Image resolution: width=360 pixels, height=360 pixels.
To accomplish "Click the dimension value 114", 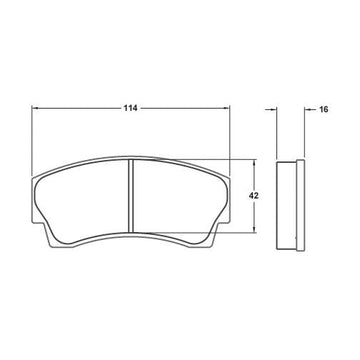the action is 130,108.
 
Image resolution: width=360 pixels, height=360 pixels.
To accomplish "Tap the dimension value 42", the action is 254,196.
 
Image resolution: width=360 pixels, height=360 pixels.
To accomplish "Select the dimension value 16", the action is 324,109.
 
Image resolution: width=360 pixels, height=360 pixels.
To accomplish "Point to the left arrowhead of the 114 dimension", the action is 34,108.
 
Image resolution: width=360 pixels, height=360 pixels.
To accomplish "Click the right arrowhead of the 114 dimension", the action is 227,108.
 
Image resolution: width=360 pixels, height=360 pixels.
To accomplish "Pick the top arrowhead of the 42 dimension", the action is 254,162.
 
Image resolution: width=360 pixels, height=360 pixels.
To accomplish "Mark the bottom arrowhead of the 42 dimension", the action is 254,229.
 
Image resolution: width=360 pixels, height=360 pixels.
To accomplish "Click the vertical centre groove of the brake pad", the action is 131,195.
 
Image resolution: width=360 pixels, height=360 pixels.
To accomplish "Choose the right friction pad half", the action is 177,201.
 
